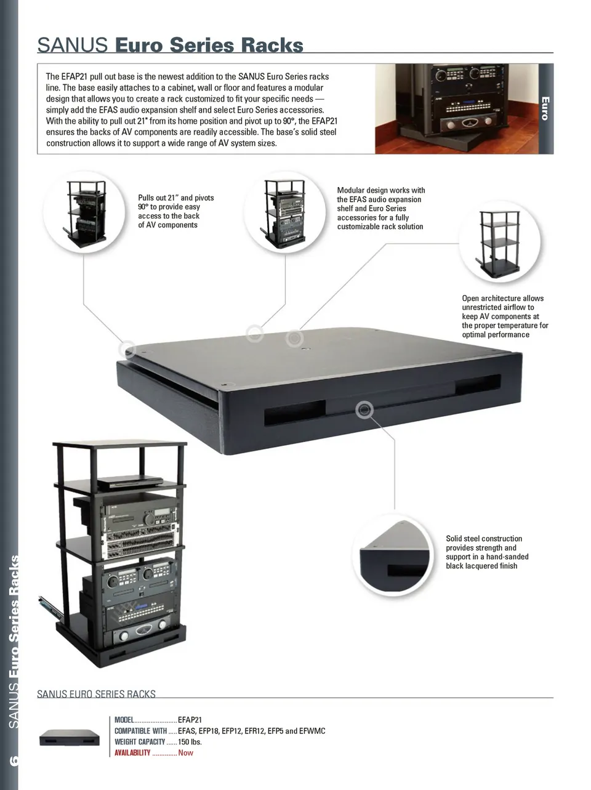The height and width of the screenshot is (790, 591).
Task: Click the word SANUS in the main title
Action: coord(72,46)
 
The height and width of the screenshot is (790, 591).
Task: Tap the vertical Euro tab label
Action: coord(545,108)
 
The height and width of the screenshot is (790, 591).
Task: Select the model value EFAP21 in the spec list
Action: coord(190,720)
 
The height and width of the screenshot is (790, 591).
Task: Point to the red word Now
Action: coord(185,753)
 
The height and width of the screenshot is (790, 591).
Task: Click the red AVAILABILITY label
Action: coord(132,753)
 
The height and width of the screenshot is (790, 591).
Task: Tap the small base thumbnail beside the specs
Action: coord(70,738)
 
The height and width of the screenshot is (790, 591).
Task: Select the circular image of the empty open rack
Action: coord(500,241)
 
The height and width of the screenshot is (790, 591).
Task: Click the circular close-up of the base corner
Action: coord(393,556)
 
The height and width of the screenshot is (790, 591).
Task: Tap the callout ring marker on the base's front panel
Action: coord(364,409)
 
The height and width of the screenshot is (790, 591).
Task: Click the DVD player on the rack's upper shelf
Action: coord(131,482)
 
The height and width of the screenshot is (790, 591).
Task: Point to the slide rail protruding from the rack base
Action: coord(51,607)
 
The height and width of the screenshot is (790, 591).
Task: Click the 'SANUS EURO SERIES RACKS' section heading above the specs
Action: coord(97,694)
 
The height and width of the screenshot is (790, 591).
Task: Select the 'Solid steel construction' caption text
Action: coord(487,552)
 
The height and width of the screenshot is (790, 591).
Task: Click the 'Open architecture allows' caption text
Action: coord(505,316)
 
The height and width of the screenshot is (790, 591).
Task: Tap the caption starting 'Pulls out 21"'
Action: coord(176,211)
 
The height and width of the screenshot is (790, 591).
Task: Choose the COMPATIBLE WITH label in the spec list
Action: coord(140,731)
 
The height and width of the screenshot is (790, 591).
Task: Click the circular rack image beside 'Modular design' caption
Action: coord(285,212)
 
